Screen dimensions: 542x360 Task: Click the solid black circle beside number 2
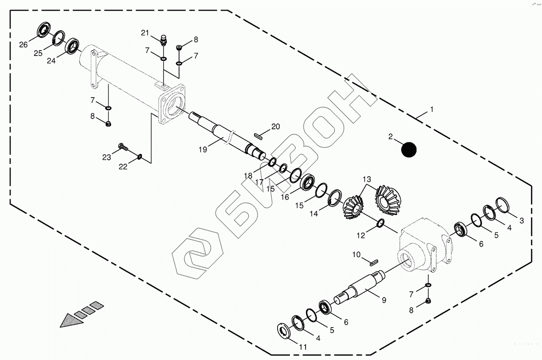[409, 150]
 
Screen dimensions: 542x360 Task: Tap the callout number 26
[24, 45]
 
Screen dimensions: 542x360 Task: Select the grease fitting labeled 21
[164, 39]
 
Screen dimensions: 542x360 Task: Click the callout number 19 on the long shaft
[203, 150]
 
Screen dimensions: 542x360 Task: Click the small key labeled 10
[372, 263]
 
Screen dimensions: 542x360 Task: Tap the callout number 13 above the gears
[367, 179]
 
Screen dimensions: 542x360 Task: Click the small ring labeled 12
[380, 223]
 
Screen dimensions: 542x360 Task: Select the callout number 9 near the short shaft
[384, 300]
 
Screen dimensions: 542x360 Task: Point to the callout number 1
[432, 110]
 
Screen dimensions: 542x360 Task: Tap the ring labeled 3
[502, 204]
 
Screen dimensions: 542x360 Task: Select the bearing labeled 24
[72, 46]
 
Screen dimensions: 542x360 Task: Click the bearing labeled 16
[308, 182]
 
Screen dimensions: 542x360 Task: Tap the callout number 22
[123, 167]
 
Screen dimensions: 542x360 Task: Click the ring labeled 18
[272, 162]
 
